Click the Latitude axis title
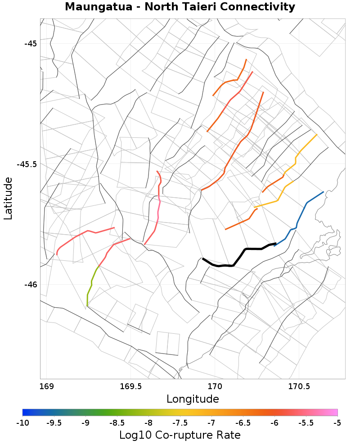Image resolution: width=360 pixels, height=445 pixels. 8,198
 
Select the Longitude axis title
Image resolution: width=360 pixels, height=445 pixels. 193,399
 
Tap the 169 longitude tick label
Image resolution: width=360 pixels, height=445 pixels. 46,386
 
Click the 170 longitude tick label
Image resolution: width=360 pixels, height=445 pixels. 215,386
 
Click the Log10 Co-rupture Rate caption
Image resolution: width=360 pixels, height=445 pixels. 180,435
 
